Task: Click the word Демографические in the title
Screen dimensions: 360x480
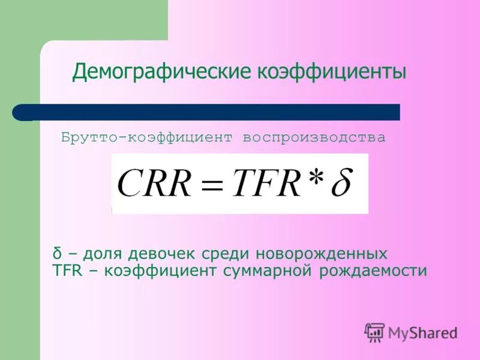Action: pyautogui.click(x=163, y=73)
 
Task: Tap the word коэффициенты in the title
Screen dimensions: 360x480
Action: pyautogui.click(x=332, y=73)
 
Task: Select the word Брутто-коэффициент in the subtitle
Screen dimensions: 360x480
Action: pyautogui.click(x=146, y=138)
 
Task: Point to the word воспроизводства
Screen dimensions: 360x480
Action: pyautogui.click(x=314, y=138)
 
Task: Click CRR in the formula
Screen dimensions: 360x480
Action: pyautogui.click(x=152, y=183)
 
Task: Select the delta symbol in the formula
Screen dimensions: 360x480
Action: pyautogui.click(x=343, y=182)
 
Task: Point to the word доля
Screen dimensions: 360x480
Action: pyautogui.click(x=103, y=253)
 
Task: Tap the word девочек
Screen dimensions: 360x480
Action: pyautogui.click(x=159, y=253)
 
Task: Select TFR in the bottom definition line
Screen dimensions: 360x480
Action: pyautogui.click(x=66, y=271)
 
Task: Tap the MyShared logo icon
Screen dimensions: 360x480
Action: pyautogui.click(x=374, y=332)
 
